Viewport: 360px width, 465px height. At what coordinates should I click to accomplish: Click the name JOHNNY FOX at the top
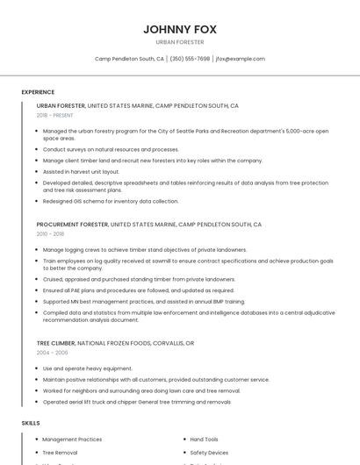pos(179,28)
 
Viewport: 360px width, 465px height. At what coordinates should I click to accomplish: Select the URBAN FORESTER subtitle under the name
pos(179,41)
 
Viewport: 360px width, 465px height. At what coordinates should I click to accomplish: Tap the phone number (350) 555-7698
pos(190,59)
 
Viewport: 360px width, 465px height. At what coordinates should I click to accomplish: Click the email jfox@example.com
pos(240,59)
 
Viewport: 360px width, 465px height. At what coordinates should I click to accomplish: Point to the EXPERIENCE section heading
pos(38,91)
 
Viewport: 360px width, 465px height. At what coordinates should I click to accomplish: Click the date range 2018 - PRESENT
pos(54,115)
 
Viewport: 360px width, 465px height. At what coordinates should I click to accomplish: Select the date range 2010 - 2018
pos(50,234)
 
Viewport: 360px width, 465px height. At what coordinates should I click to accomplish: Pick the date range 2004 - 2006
pos(52,352)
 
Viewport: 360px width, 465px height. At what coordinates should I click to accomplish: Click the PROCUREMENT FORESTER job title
pos(72,225)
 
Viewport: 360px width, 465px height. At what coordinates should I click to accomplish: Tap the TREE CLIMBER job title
pos(55,342)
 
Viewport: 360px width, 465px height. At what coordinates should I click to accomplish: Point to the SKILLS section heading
pos(31,423)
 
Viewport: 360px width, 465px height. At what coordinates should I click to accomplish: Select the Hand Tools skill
pos(204,439)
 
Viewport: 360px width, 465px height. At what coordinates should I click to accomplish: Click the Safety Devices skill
pos(209,453)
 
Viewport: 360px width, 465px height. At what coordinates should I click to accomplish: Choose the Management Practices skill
pos(72,439)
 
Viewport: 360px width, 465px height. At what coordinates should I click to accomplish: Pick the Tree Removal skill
pos(60,453)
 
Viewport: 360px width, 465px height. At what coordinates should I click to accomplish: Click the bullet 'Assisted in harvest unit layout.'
pos(81,172)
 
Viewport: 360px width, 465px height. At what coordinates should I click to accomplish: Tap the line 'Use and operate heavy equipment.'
pos(87,368)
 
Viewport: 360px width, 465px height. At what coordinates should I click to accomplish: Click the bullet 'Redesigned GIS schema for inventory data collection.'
pos(110,201)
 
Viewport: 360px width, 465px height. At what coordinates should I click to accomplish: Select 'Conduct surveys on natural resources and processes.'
pos(111,149)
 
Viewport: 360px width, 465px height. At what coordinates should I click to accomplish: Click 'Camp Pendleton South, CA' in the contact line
pos(129,59)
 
